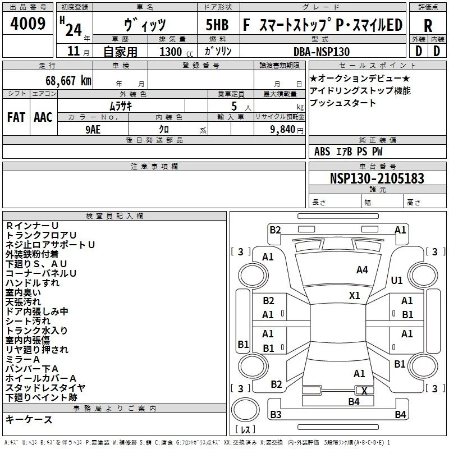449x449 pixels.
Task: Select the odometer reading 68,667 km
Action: pyautogui.click(x=65, y=80)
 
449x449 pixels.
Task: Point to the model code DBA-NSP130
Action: pyautogui.click(x=322, y=52)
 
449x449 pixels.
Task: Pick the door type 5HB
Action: pyautogui.click(x=217, y=25)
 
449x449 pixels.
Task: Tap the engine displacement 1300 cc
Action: pyautogui.click(x=171, y=52)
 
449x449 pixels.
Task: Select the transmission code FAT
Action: pyautogui.click(x=16, y=117)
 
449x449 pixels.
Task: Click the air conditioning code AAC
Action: pyautogui.click(x=43, y=117)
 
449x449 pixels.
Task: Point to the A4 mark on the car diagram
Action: pyautogui.click(x=362, y=270)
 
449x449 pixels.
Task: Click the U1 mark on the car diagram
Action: pyautogui.click(x=397, y=280)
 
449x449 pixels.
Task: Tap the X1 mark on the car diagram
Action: pyautogui.click(x=354, y=295)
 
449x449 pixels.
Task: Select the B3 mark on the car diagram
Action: pyautogui.click(x=275, y=415)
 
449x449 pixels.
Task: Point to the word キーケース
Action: pyautogui.click(x=29, y=419)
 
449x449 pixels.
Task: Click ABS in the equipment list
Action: pyautogui.click(x=322, y=152)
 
